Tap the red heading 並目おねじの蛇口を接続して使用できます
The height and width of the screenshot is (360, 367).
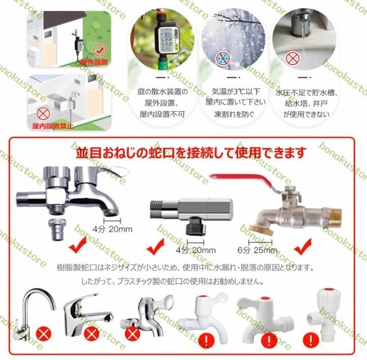(x=190, y=152)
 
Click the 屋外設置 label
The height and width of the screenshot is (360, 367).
(x=94, y=62)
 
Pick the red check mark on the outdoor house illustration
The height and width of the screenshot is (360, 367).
(x=99, y=50)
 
